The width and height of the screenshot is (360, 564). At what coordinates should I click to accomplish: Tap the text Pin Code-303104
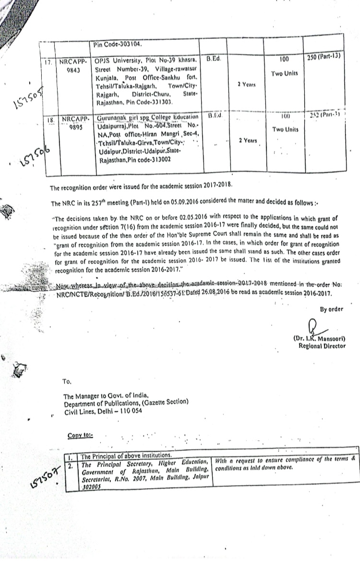click(x=118, y=44)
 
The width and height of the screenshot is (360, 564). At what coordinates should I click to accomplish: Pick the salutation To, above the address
click(x=67, y=382)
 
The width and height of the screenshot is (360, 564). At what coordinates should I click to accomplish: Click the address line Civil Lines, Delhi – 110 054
click(x=102, y=411)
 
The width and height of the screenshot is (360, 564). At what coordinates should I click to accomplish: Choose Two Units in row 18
click(x=285, y=130)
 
